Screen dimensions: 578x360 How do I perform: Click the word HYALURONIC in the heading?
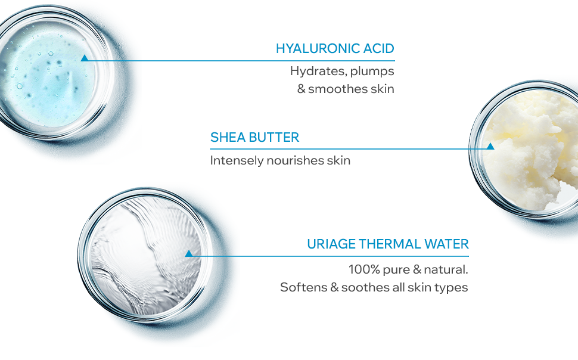click(318, 48)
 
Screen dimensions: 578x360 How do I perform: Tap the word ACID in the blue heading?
click(379, 48)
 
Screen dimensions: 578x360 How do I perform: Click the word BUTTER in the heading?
click(274, 137)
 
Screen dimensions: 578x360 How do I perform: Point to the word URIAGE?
click(331, 244)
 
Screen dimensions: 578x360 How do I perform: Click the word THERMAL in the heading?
click(390, 244)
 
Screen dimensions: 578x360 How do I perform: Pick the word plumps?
click(372, 72)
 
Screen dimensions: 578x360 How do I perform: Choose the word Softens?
click(304, 287)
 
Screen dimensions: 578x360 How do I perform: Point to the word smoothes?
click(338, 89)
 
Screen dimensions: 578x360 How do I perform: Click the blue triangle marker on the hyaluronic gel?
click(85, 58)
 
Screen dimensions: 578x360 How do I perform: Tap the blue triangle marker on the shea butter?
click(490, 146)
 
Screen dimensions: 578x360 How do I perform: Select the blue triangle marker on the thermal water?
click(189, 253)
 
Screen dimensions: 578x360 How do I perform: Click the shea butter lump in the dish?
click(531, 148)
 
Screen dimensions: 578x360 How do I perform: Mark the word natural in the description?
click(446, 269)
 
